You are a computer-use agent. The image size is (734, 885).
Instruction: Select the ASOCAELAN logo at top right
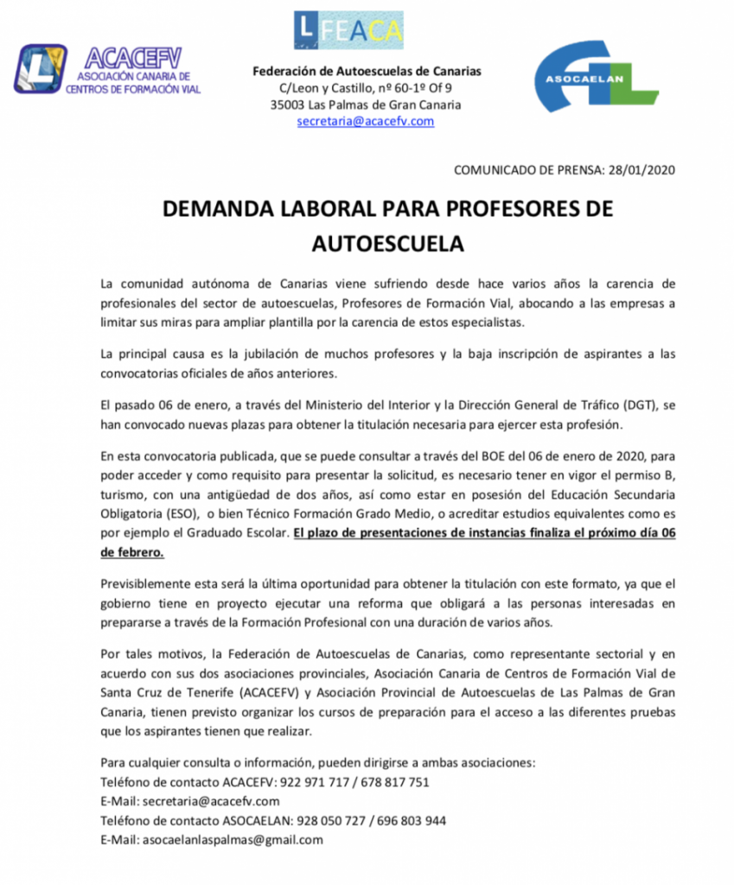[595, 79]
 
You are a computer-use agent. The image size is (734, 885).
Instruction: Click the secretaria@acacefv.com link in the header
[365, 122]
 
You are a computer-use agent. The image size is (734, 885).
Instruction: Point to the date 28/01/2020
[637, 170]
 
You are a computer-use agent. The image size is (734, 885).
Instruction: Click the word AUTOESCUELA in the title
[387, 244]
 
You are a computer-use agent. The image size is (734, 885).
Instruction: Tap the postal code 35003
[290, 105]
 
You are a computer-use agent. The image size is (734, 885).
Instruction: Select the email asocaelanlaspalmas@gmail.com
[233, 839]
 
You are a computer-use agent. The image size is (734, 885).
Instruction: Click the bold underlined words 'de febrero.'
[132, 551]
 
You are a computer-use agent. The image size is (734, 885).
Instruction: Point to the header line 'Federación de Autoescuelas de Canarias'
[367, 72]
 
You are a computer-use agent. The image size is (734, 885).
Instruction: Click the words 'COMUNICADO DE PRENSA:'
[523, 170]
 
